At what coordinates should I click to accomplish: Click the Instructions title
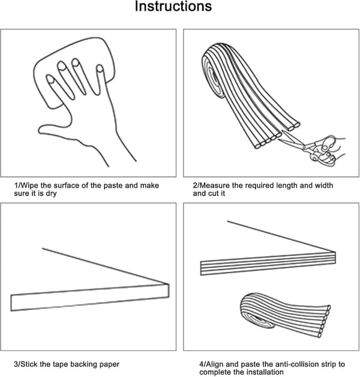click(x=173, y=6)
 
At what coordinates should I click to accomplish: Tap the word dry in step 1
click(x=51, y=194)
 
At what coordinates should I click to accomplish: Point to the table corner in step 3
click(x=168, y=285)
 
